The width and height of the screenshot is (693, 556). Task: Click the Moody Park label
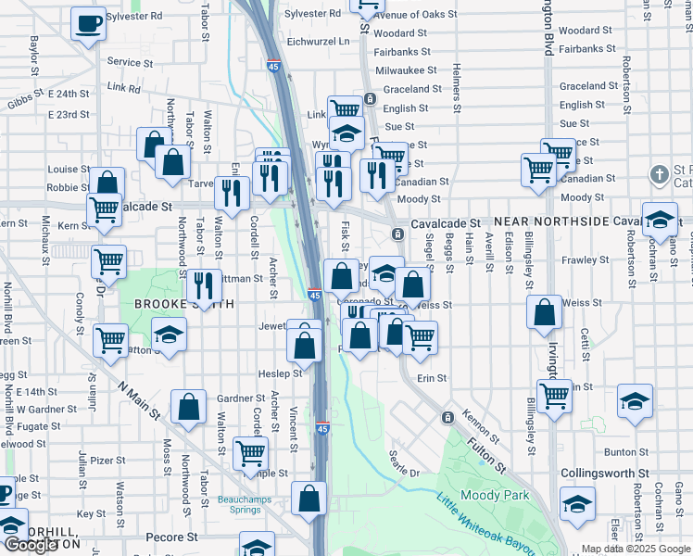495,495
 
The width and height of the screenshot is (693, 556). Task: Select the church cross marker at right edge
659,174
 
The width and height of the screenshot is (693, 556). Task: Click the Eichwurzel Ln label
318,42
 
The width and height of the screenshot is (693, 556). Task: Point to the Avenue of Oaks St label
414,16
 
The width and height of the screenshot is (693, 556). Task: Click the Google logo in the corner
31,546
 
